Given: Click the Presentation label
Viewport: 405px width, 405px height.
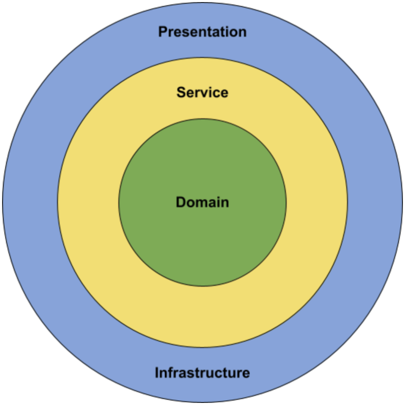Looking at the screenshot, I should [x=202, y=32].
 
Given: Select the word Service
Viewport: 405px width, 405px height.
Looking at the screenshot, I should [x=202, y=92].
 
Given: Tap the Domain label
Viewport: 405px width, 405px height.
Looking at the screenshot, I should [x=202, y=202].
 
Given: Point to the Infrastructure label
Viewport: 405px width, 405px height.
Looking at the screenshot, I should [x=202, y=373].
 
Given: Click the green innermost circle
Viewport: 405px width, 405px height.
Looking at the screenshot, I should [x=202, y=243].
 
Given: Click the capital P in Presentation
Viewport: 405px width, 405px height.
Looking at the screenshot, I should [x=163, y=32].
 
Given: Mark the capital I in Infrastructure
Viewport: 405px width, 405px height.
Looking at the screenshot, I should [x=157, y=373].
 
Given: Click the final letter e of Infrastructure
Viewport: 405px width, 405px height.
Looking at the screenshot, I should [x=246, y=373].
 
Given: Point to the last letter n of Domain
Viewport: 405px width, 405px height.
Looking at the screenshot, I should [x=225, y=202].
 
